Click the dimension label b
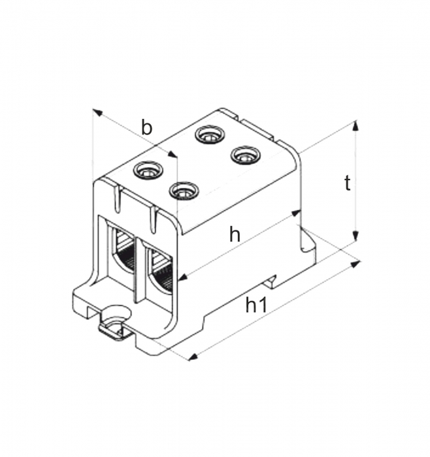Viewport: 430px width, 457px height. click(147, 127)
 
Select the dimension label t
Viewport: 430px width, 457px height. click(347, 183)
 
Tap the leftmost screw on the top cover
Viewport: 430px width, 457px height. click(146, 171)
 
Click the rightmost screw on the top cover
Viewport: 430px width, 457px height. click(245, 155)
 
